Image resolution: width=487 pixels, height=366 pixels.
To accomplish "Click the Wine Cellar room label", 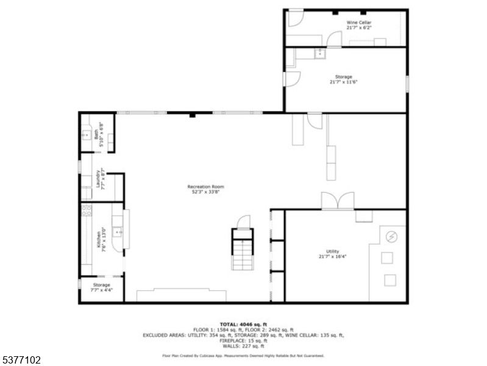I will tap(358, 23).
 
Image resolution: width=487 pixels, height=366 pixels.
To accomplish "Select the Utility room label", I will tap(332, 251).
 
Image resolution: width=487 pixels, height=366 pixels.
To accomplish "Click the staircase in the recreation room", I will tap(241, 248).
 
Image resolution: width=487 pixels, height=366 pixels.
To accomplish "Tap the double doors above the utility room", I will tap(338, 201).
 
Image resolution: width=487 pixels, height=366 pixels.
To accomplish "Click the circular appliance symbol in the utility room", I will tap(392, 235).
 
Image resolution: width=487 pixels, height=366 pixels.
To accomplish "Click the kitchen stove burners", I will tap(86, 211).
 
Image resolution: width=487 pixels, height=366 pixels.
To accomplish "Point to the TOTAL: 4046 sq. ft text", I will tap(243, 324).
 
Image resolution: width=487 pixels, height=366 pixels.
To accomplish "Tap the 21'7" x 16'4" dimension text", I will tap(332, 256).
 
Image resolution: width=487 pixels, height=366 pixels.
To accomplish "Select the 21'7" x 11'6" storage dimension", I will tap(343, 82).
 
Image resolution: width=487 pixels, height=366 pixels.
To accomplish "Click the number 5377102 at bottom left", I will tap(21, 360).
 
